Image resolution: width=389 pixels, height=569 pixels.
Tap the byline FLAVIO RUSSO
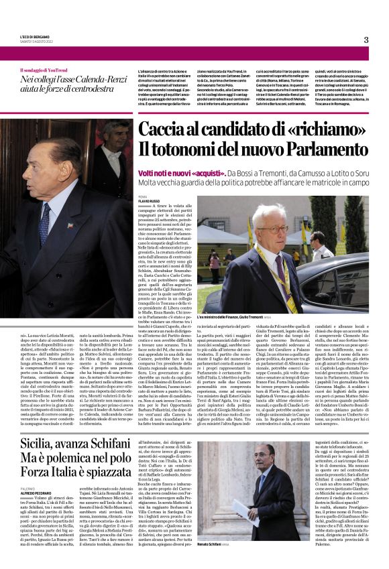[149, 200]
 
